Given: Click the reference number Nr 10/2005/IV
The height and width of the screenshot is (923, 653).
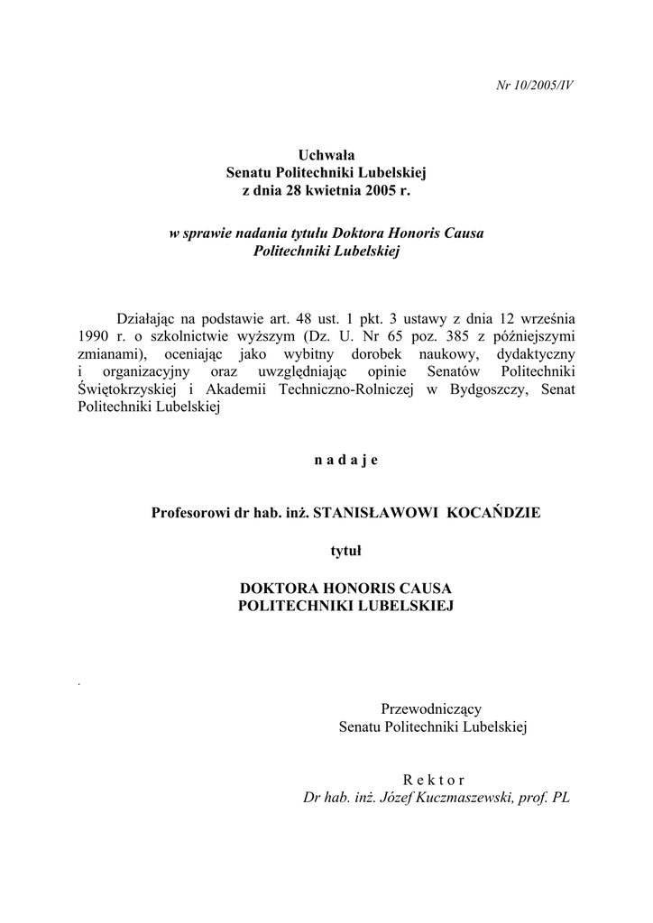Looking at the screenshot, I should pyautogui.click(x=536, y=86).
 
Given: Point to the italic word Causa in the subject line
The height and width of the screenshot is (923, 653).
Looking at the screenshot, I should pyautogui.click(x=462, y=233).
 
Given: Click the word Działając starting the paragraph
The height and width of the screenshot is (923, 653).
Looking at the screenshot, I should pyautogui.click(x=149, y=318).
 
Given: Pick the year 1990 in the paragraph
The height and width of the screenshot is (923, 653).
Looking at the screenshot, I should pyautogui.click(x=95, y=335).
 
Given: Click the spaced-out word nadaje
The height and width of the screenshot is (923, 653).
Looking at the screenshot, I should pyautogui.click(x=346, y=461).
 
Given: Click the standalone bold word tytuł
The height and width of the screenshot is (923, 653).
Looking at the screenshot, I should pyautogui.click(x=346, y=549).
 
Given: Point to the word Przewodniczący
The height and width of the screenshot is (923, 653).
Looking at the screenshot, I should pyautogui.click(x=433, y=708).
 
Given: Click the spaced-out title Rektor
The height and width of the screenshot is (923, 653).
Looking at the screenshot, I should pyautogui.click(x=434, y=780).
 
